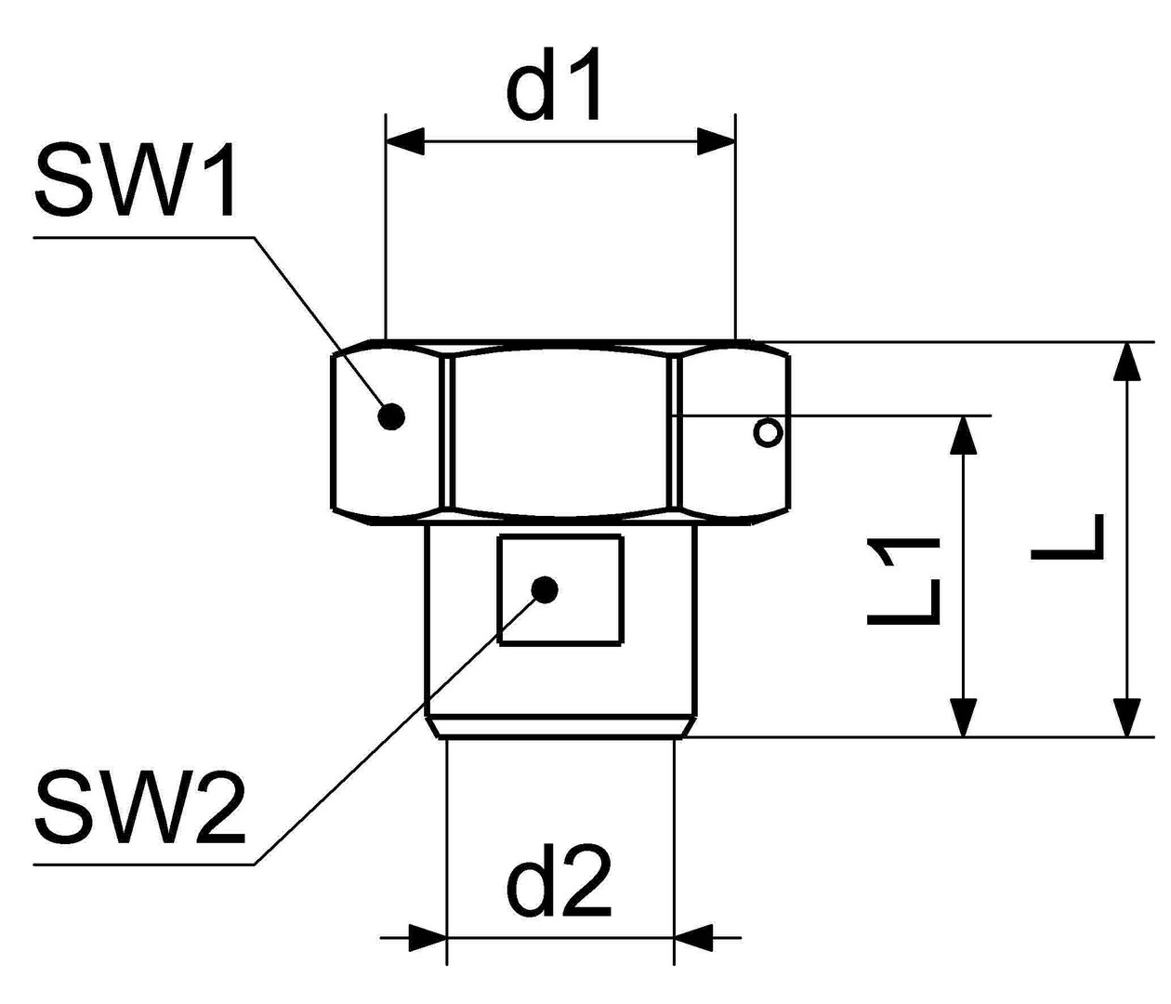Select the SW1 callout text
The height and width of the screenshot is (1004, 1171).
point(136,180)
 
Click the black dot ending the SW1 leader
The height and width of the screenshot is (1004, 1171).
point(392,416)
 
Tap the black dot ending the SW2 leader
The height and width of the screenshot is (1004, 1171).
point(545,589)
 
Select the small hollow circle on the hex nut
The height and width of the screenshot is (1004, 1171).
point(769,432)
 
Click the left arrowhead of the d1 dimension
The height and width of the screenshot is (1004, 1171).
point(404,142)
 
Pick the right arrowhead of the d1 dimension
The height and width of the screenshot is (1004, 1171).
point(717,142)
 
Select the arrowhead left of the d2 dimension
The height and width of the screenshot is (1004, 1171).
point(428,937)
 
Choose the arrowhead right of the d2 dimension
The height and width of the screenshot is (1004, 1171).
point(693,937)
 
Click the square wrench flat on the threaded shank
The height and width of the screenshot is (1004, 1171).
point(561,591)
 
